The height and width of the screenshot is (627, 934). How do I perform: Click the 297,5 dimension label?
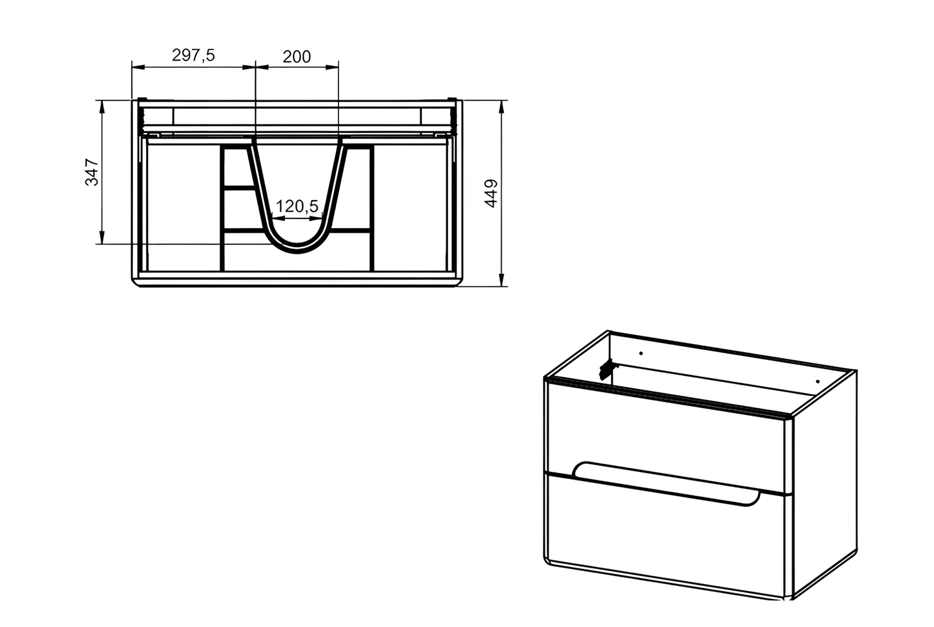(x=194, y=55)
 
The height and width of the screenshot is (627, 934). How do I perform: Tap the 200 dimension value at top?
(x=297, y=57)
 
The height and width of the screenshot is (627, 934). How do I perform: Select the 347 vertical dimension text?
(x=92, y=172)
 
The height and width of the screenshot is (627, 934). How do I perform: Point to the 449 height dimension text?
(x=491, y=194)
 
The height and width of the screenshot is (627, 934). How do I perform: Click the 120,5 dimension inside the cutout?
(x=297, y=206)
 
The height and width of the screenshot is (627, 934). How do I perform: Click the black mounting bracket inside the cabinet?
(x=608, y=369)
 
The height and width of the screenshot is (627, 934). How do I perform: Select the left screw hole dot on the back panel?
(x=641, y=353)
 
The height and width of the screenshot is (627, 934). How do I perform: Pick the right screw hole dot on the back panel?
(x=818, y=382)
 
